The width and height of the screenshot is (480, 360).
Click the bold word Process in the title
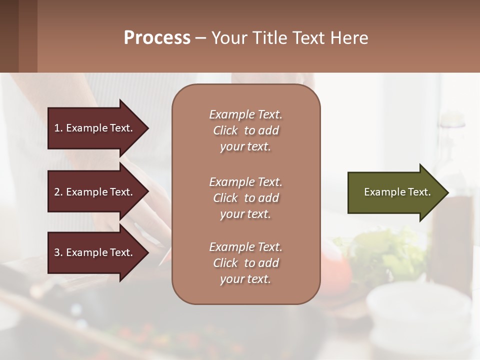pyautogui.click(x=157, y=38)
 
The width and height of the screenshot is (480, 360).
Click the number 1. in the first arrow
pyautogui.click(x=58, y=128)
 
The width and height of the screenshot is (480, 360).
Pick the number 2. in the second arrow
pyautogui.click(x=58, y=192)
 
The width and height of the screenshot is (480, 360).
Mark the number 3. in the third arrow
pyautogui.click(x=58, y=252)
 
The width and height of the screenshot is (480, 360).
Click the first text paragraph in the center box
pyautogui.click(x=245, y=130)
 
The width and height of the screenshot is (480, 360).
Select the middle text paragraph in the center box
pyautogui.click(x=245, y=198)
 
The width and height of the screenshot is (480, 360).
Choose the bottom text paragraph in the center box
pyautogui.click(x=245, y=263)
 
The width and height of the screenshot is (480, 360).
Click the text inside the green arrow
pyautogui.click(x=397, y=192)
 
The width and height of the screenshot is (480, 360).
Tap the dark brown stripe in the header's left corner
pyautogui.click(x=9, y=36)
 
